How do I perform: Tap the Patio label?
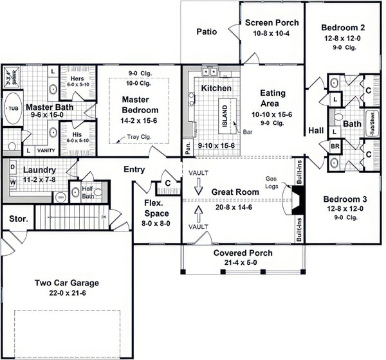206,30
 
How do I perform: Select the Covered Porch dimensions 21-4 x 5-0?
243,263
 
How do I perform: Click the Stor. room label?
18,219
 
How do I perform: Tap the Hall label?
315,130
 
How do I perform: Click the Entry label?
134,170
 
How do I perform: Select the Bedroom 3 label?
343,199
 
